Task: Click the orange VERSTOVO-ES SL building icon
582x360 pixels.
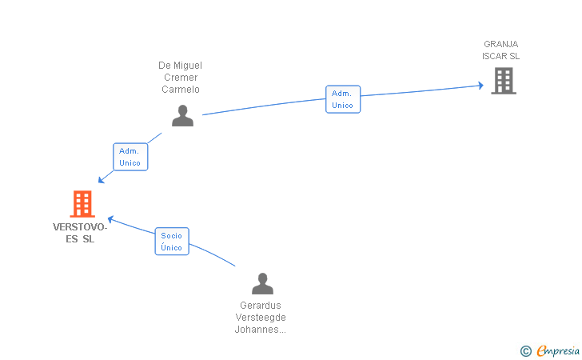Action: coord(82,204)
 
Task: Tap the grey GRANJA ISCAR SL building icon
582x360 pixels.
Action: coord(503,80)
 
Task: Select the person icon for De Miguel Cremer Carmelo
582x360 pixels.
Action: coord(182,116)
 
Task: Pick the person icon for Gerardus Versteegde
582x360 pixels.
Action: coord(262,284)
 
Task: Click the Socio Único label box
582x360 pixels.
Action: coord(171,242)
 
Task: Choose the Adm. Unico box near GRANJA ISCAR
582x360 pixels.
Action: coord(342,99)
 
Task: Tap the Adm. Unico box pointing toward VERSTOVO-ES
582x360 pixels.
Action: coord(130,157)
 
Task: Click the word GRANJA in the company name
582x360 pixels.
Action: coord(501,44)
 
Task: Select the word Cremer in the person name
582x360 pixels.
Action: coord(181,78)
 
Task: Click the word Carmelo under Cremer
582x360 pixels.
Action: coord(181,90)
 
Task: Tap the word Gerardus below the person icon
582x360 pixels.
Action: coord(261,306)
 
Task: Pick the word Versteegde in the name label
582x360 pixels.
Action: coord(261,318)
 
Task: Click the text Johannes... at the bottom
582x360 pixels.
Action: coord(261,330)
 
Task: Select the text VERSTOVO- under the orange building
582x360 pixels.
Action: coord(80,227)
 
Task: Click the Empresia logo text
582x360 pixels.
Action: coord(557,350)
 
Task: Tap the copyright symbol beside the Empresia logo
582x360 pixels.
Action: coord(525,350)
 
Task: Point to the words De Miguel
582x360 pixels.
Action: coord(181,66)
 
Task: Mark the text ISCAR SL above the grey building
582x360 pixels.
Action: coord(501,56)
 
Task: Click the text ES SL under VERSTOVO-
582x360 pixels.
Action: coord(80,239)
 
